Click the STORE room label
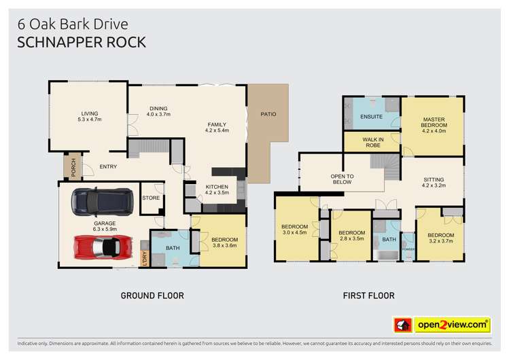click(151, 198)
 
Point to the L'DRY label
click(144, 258)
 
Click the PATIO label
click(268, 113)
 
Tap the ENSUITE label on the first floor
click(371, 117)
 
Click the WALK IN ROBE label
click(371, 141)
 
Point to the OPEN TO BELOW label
click(342, 179)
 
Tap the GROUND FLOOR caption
click(152, 295)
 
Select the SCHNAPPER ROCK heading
click(80, 41)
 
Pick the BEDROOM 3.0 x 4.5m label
click(295, 230)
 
